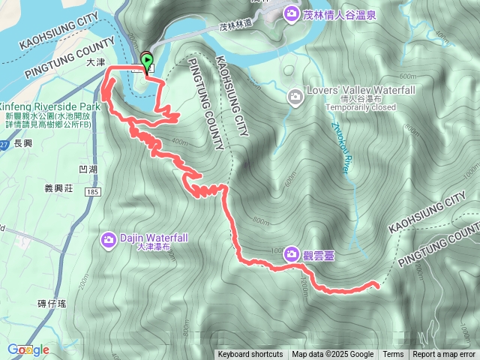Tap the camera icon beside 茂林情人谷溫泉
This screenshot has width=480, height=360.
[x=290, y=12]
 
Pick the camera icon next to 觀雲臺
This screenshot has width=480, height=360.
[x=290, y=254]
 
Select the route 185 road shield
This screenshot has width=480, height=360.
[x=94, y=193]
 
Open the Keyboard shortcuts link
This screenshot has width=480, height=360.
[x=250, y=355]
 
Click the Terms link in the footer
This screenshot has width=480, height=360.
[x=393, y=355]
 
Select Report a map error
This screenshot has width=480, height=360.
[x=444, y=355]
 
